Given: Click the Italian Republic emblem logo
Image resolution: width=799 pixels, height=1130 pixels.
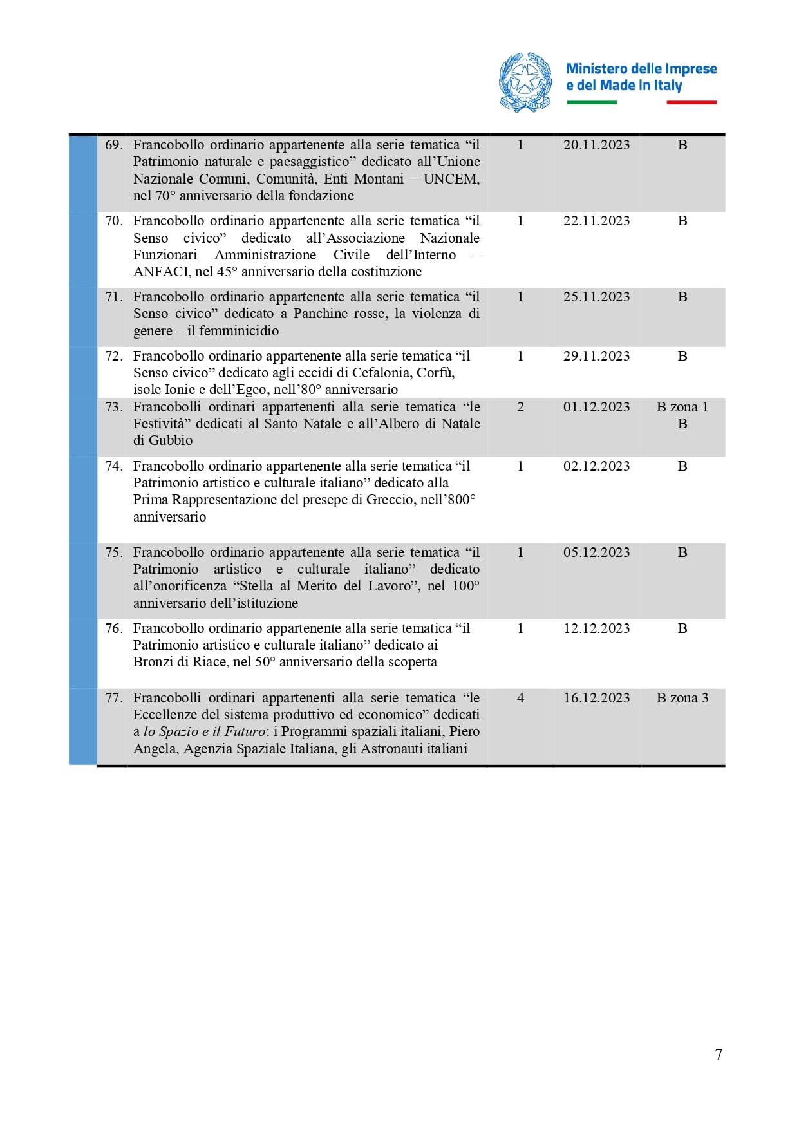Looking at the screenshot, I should pyautogui.click(x=525, y=82).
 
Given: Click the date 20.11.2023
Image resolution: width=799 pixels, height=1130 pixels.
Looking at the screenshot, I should pyautogui.click(x=596, y=145).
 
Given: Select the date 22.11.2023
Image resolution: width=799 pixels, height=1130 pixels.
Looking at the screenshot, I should pyautogui.click(x=596, y=221).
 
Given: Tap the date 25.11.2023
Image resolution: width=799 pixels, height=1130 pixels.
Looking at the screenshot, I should pyautogui.click(x=596, y=297).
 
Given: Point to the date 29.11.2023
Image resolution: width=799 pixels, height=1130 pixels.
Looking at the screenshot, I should pyautogui.click(x=596, y=356).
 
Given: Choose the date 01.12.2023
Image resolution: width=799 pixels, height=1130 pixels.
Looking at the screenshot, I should pyautogui.click(x=596, y=407).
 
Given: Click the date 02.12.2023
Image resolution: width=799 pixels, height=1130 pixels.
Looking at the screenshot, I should pyautogui.click(x=596, y=466).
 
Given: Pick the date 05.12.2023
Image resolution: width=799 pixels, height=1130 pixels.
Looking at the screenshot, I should pyautogui.click(x=596, y=552).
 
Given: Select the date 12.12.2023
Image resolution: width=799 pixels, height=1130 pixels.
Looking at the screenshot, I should pyautogui.click(x=596, y=628).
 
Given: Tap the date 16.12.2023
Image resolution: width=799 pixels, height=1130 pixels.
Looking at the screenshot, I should pyautogui.click(x=596, y=698).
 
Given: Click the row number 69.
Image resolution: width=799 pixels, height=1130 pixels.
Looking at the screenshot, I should pyautogui.click(x=113, y=145).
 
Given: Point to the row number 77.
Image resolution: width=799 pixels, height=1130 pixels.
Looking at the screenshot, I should pyautogui.click(x=113, y=698).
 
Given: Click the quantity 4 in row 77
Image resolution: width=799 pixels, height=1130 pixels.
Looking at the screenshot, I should pyautogui.click(x=520, y=698).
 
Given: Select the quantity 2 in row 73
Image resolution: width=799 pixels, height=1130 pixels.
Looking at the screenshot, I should pyautogui.click(x=520, y=407).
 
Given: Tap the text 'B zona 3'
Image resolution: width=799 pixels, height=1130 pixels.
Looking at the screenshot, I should pyautogui.click(x=682, y=698).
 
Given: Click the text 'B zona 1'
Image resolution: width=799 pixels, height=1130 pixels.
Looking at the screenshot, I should pyautogui.click(x=682, y=407).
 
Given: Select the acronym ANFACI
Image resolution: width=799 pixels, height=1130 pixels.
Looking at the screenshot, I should pyautogui.click(x=161, y=272).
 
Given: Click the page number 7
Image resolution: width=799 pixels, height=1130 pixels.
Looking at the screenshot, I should pyautogui.click(x=719, y=1054).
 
